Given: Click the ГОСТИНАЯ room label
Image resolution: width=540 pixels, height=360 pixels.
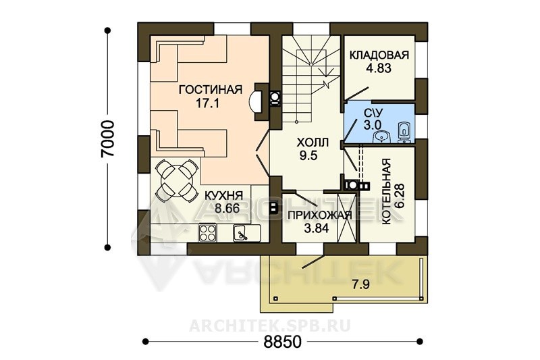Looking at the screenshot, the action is click(211, 90).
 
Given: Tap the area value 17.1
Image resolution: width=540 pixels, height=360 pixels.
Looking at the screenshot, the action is click(208, 103).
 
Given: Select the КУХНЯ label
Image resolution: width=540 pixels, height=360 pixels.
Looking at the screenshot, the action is click(224, 195).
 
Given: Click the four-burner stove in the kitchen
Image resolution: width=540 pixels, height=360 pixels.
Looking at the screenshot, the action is click(207, 233).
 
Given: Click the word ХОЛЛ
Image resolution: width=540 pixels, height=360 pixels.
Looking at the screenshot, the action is click(313, 143).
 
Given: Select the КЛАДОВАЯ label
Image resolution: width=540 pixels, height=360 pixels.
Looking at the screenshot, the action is click(379, 55).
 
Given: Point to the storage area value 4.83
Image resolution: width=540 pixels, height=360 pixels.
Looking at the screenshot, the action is click(379, 68).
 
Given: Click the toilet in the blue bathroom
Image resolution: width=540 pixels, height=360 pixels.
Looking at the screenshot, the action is click(404, 132).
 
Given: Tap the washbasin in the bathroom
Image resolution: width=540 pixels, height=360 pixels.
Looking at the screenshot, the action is click(381, 138).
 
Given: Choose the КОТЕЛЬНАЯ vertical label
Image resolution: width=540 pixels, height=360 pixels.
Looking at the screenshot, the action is click(386, 192).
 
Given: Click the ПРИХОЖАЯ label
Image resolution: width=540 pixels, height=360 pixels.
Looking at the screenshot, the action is click(319, 215).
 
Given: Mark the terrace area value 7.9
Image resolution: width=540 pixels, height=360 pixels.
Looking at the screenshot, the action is click(360, 285).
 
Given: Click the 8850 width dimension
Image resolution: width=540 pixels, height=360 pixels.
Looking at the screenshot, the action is click(283, 341).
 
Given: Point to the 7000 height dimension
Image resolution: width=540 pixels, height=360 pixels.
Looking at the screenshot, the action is click(107, 138).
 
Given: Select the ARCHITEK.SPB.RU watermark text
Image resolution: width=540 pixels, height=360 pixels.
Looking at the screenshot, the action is click(269, 326).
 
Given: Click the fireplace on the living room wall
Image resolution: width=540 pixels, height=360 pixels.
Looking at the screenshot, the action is click(259, 101).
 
